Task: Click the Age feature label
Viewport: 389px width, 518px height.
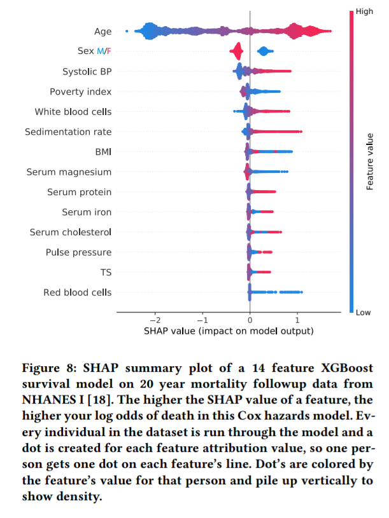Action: pos(103,32)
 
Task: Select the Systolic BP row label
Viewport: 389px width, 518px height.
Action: pos(87,72)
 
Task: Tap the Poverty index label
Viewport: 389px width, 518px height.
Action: pos(81,92)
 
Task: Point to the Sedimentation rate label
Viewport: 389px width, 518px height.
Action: pos(68,132)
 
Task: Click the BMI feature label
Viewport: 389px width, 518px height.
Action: pos(103,152)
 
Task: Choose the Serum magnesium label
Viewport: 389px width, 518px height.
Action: pos(69,172)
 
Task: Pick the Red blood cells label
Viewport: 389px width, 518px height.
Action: pos(78,292)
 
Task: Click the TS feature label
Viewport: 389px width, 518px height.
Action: pos(106,273)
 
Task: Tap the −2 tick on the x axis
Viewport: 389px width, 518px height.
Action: pos(155,320)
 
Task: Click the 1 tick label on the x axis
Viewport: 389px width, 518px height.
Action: pos(297,320)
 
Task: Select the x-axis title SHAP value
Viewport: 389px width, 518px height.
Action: pos(229,331)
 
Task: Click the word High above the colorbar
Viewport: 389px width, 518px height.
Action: pos(364,11)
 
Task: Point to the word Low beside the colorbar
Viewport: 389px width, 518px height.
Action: pos(363,313)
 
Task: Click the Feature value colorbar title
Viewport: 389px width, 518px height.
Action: pos(369,161)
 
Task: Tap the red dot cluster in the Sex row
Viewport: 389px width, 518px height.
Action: pos(236,51)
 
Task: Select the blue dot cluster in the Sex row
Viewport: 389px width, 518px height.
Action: pos(265,51)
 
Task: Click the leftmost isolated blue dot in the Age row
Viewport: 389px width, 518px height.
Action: pos(127,31)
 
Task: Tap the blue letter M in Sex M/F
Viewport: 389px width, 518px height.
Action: pos(100,51)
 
